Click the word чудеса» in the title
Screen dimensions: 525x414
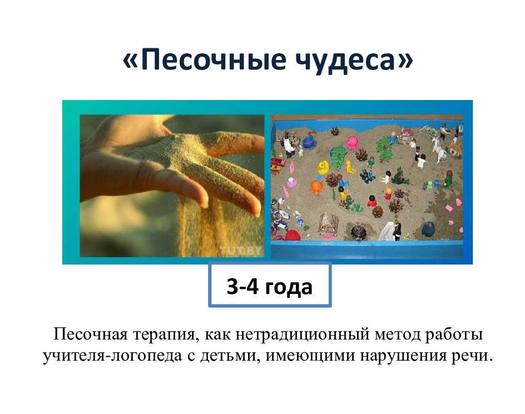click(354, 59)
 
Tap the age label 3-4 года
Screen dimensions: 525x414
click(270, 287)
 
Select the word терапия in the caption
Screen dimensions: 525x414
click(164, 335)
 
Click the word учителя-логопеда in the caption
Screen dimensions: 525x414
click(112, 356)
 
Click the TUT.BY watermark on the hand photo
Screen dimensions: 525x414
click(240, 250)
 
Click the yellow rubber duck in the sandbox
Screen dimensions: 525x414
click(323, 167)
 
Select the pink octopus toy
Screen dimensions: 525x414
click(352, 143)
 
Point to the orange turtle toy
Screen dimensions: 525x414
click(316, 187)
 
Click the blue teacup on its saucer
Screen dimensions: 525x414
click(310, 143)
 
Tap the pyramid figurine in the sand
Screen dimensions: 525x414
click(328, 223)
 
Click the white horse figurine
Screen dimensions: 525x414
click(439, 149)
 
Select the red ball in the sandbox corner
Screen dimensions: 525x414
click(293, 235)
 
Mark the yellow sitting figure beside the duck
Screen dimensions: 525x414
click(350, 167)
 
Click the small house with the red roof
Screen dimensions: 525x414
click(406, 134)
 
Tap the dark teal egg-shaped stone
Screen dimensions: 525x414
click(428, 230)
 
